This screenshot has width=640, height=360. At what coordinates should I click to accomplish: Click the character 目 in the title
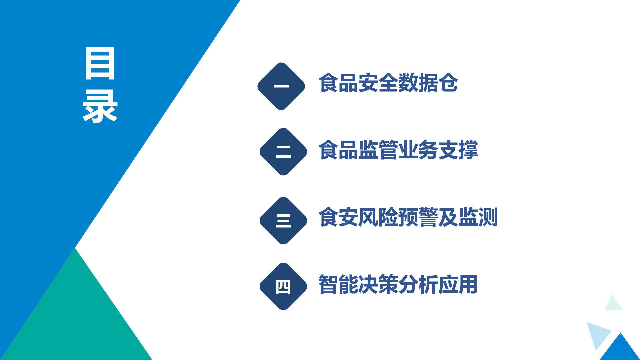pyautogui.click(x=100, y=63)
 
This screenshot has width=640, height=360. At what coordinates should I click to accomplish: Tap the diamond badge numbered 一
pyautogui.click(x=281, y=86)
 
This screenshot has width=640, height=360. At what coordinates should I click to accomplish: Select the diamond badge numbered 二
pyautogui.click(x=283, y=152)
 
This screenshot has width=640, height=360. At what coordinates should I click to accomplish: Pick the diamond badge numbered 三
pyautogui.click(x=283, y=221)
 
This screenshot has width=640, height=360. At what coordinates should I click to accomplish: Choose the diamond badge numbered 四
pyautogui.click(x=283, y=286)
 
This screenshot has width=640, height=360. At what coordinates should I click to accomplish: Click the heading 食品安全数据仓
pyautogui.click(x=388, y=83)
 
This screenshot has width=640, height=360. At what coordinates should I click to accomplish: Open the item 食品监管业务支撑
pyautogui.click(x=398, y=150)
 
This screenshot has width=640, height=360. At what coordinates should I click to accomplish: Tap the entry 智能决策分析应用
pyautogui.click(x=398, y=284)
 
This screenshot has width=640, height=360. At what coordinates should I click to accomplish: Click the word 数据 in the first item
pyautogui.click(x=418, y=83)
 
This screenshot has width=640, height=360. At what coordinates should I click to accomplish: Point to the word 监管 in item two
pyautogui.click(x=378, y=150)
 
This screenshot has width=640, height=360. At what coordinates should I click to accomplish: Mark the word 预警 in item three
pyautogui.click(x=418, y=217)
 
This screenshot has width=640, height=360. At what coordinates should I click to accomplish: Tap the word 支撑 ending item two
pyautogui.click(x=458, y=150)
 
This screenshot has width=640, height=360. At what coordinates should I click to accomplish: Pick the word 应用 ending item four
pyautogui.click(x=458, y=284)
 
